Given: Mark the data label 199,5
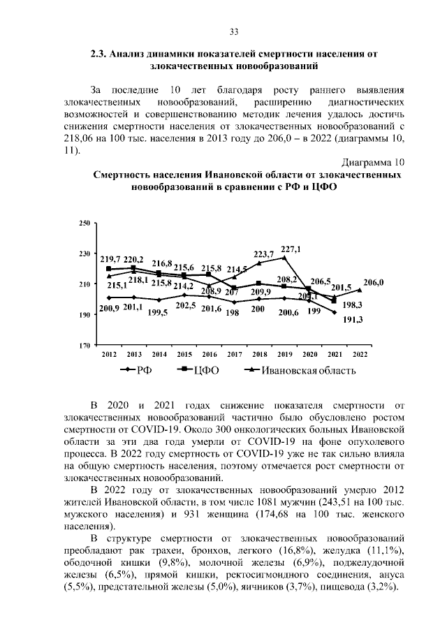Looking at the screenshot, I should click(x=158, y=312).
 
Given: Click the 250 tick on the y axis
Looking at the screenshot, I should click(x=85, y=223).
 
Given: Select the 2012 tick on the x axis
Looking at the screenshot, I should click(x=109, y=355).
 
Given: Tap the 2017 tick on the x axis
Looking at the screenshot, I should click(x=235, y=355).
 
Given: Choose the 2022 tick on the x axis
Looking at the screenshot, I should click(x=360, y=355).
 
